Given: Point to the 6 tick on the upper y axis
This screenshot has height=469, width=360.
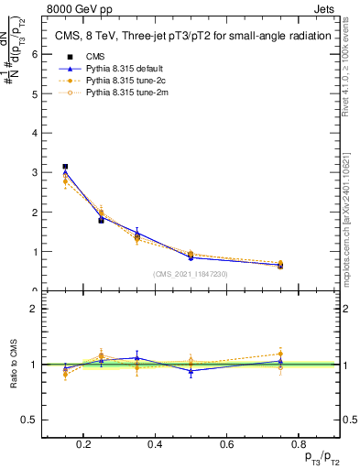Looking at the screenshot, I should (x=34, y=54).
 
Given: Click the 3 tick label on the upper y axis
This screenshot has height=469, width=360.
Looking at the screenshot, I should (x=34, y=172).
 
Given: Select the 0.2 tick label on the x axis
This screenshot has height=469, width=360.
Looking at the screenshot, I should (x=84, y=445).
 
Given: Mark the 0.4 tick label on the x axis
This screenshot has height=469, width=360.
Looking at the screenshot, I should (x=154, y=445).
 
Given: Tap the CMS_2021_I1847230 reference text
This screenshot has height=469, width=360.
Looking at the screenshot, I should (x=191, y=274).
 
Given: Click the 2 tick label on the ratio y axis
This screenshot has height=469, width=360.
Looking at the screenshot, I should (x=34, y=309).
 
